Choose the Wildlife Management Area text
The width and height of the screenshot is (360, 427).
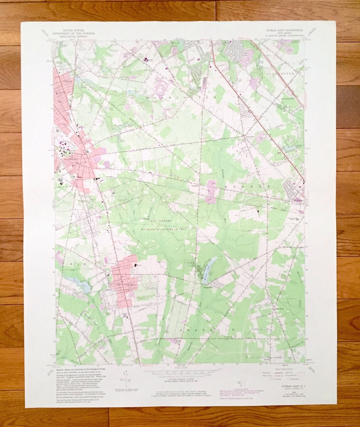click(x=163, y=229)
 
